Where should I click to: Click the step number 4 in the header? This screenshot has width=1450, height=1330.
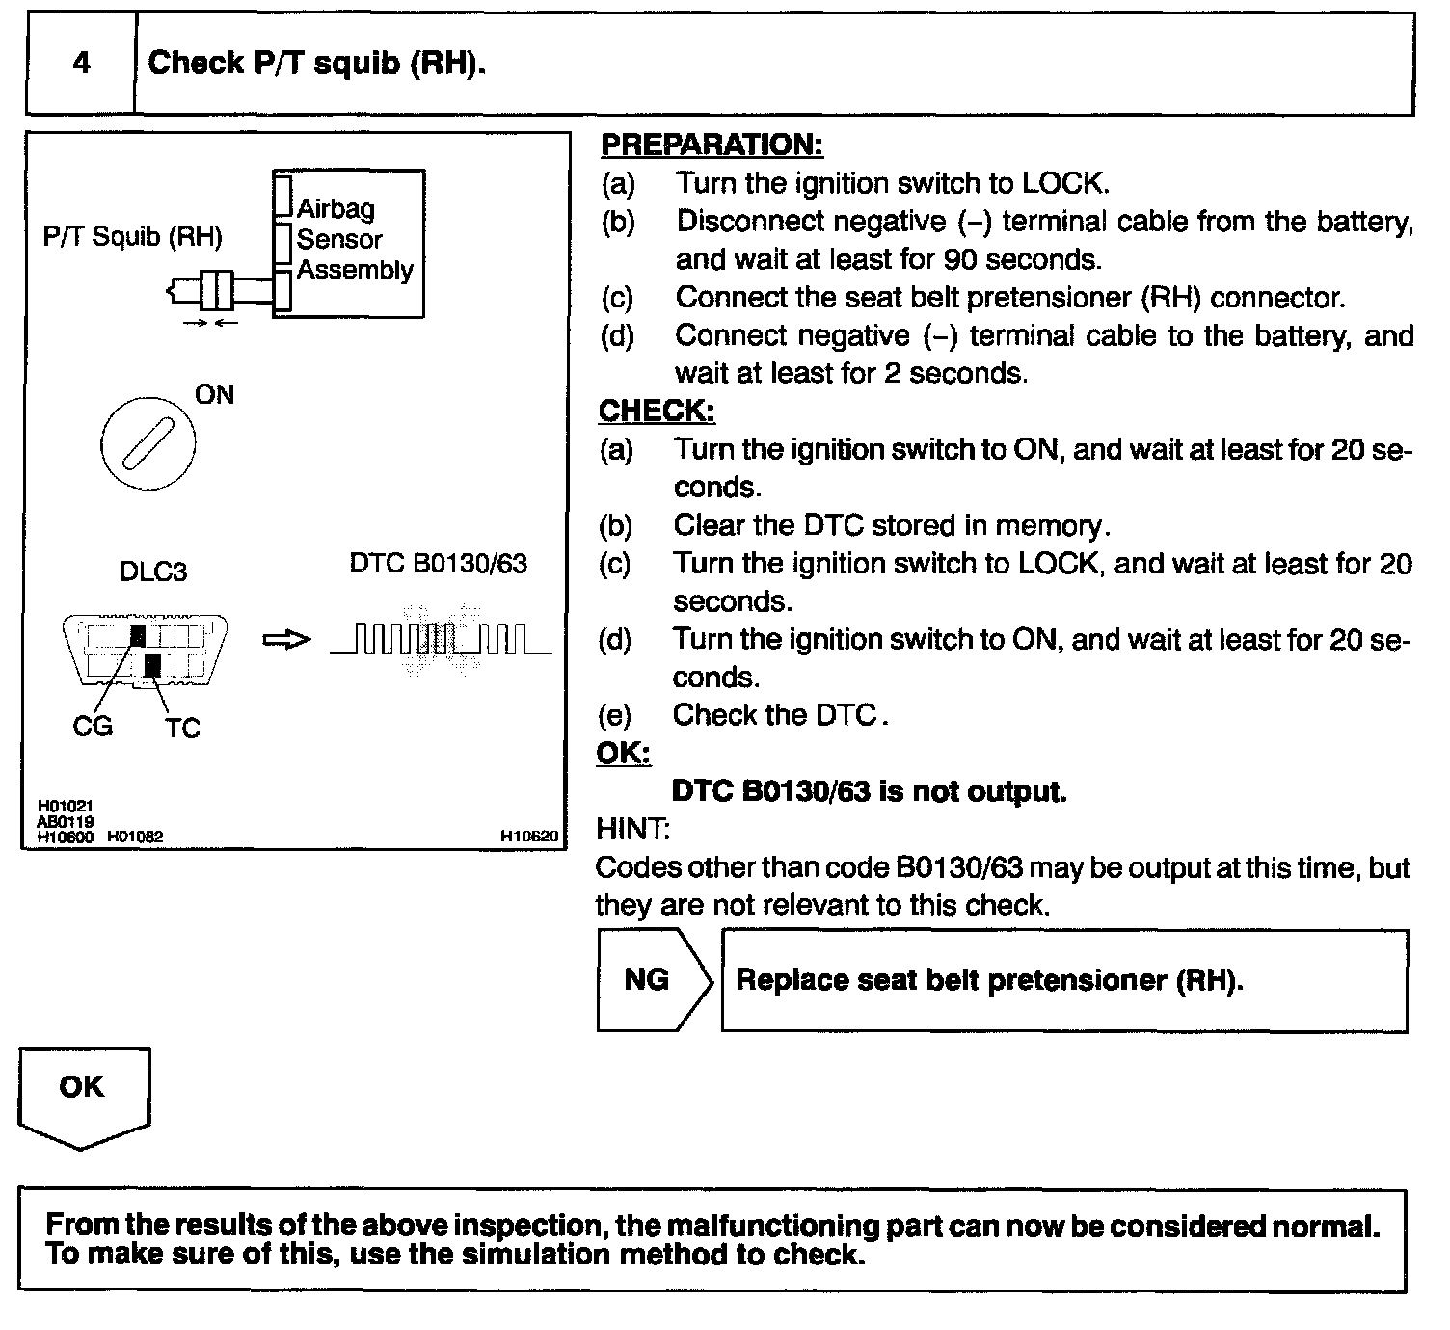(81, 64)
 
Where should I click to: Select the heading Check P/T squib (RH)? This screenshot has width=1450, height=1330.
(316, 64)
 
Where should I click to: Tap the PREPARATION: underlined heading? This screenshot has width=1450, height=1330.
(712, 145)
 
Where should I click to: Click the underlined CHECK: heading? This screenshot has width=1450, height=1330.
(657, 411)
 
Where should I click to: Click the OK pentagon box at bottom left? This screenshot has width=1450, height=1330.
(83, 1094)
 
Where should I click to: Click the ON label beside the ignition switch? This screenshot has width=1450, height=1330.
(214, 395)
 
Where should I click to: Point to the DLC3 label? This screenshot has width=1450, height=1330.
(153, 572)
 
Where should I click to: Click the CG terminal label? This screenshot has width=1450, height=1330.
(93, 726)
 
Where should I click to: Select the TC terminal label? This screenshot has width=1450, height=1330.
(181, 728)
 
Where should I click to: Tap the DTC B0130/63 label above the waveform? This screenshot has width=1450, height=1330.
(439, 564)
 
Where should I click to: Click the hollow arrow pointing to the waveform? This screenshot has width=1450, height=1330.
(287, 640)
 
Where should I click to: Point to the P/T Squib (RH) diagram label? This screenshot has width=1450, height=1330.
(132, 237)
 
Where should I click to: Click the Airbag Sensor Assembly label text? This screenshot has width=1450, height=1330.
(353, 239)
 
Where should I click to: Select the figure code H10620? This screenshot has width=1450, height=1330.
(528, 838)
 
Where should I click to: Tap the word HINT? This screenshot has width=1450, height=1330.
(632, 829)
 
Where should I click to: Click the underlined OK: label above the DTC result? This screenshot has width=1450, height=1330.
(623, 753)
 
